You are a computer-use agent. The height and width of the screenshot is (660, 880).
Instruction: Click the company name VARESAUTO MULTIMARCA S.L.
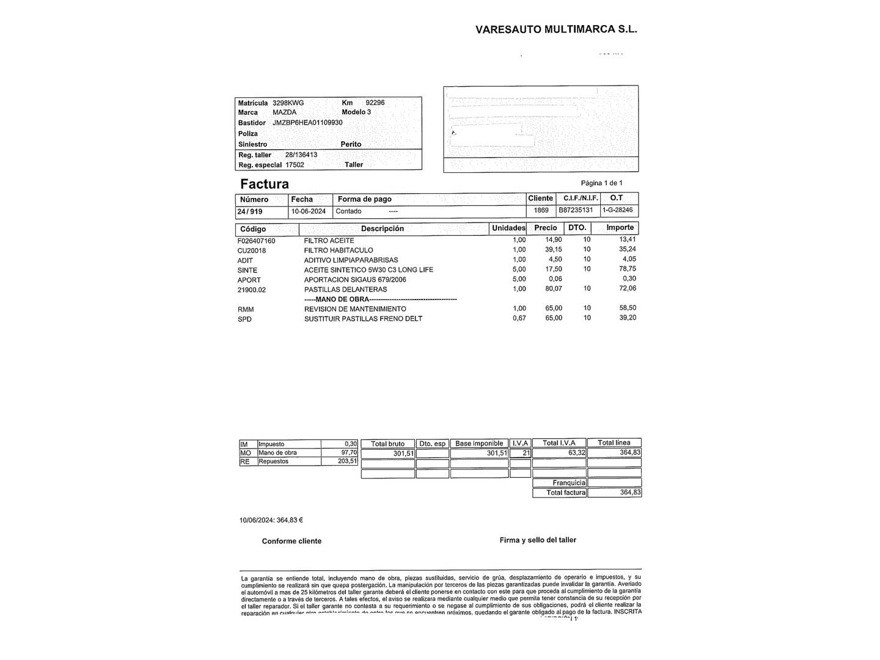556,29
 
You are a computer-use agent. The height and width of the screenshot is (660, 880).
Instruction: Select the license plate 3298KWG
288,103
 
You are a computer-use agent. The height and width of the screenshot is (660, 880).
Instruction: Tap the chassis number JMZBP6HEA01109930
307,122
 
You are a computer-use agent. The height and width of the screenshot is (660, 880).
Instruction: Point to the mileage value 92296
375,103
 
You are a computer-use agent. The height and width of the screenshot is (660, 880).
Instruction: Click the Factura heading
264,184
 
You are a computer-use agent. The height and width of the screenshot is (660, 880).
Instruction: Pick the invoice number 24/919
250,211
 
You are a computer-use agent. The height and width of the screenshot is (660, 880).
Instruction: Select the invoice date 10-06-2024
309,211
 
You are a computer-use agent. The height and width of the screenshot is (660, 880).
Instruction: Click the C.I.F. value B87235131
576,210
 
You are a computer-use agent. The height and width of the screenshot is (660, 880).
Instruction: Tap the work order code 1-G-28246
618,210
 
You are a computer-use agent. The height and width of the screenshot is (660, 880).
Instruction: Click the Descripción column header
383,229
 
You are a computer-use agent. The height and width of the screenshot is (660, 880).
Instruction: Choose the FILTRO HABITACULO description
339,250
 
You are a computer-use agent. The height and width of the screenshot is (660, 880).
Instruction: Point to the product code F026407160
257,241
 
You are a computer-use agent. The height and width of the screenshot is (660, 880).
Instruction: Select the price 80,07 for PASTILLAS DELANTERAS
553,288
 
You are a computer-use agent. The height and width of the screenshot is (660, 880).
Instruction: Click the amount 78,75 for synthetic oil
628,269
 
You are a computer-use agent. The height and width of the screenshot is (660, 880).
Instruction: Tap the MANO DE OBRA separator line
380,299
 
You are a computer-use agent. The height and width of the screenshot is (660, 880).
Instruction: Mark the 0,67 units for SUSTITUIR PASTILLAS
519,318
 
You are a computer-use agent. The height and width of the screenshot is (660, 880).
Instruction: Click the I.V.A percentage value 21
526,453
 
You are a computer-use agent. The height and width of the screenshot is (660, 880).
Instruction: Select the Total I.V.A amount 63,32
576,453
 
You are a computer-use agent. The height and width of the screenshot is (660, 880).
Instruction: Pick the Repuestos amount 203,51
347,461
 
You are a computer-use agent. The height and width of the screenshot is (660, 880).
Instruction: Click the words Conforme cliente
291,541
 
